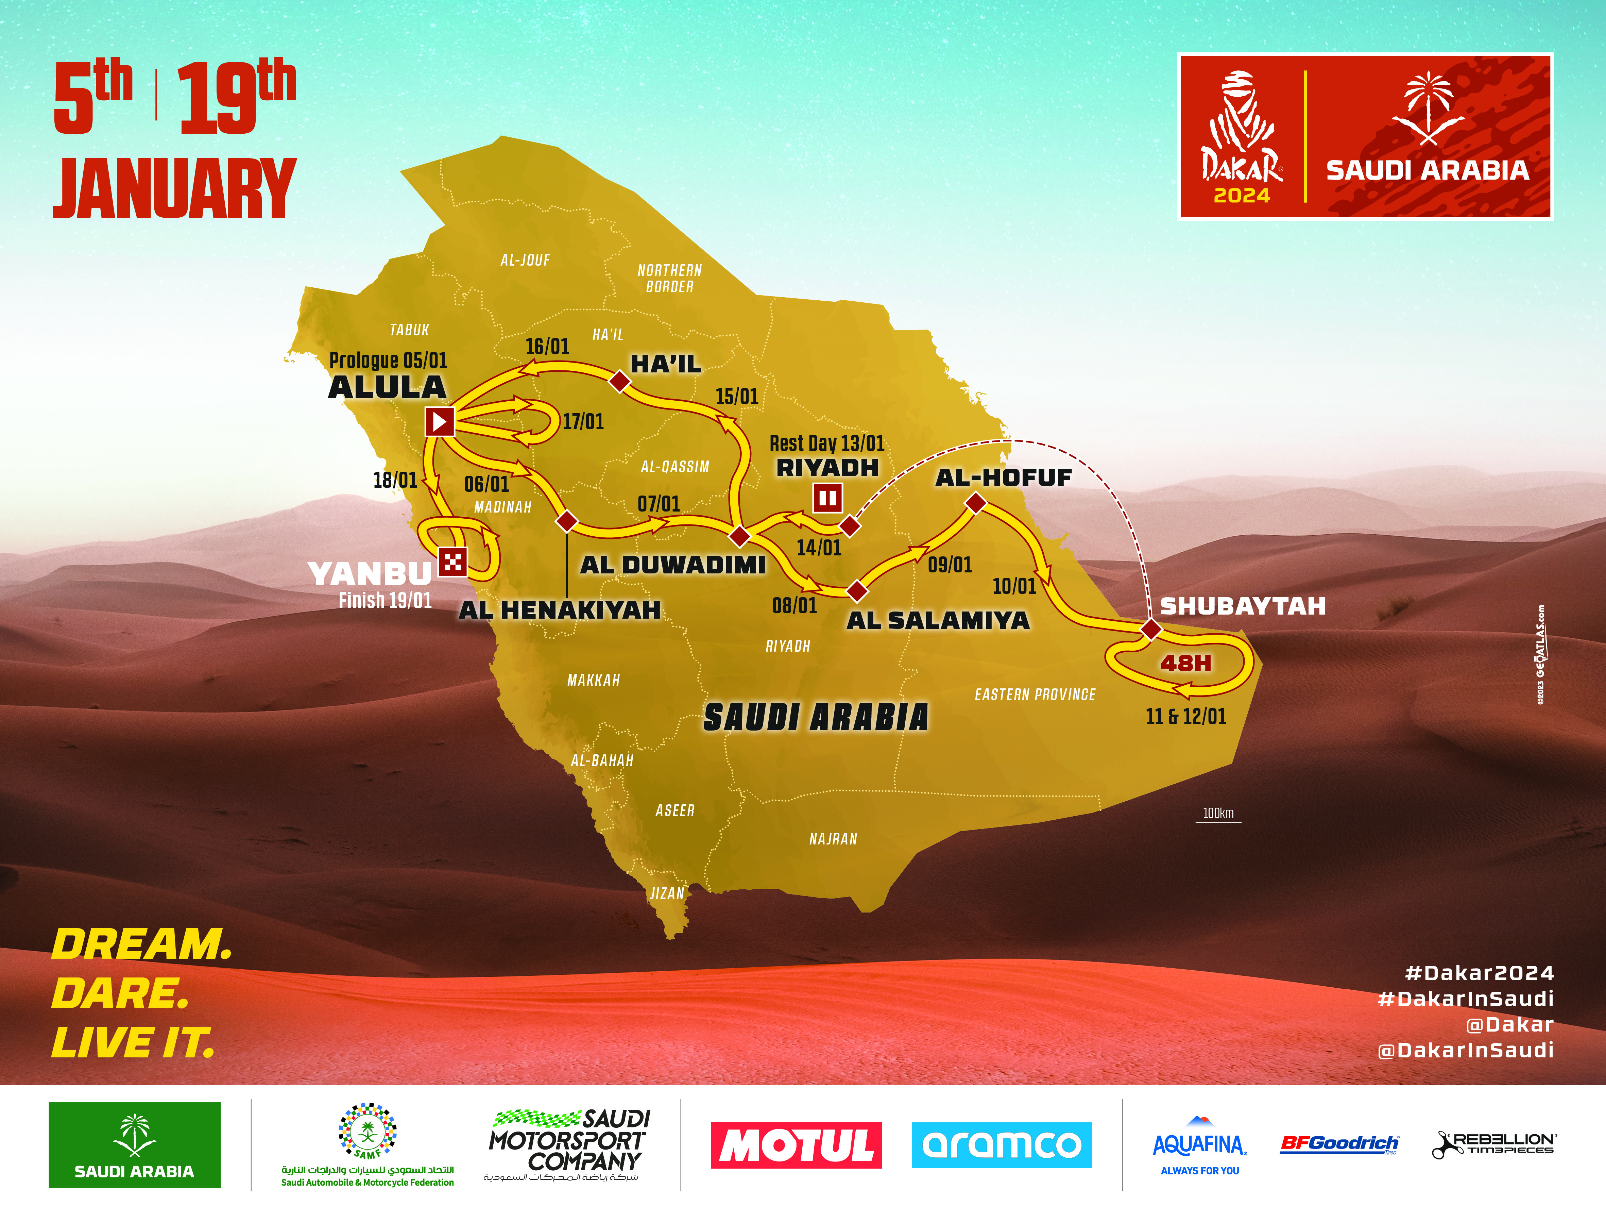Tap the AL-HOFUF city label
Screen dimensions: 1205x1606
coord(1003,478)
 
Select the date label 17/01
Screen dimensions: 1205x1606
coord(583,422)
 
